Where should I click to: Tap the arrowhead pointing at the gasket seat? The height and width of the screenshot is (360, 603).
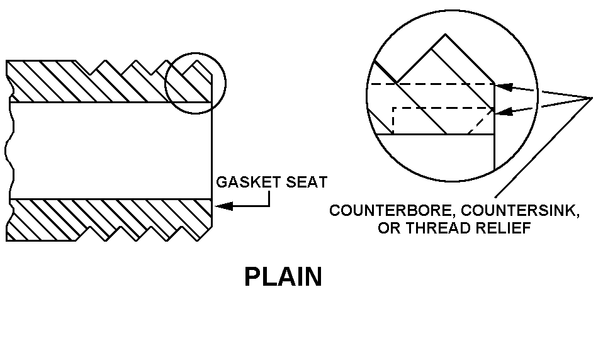point(223,206)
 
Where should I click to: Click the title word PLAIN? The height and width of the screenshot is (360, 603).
point(283,277)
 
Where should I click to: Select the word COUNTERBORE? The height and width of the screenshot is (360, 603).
point(393,210)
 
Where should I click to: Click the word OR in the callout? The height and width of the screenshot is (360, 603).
point(390,228)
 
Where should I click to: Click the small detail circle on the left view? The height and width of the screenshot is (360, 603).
point(195,84)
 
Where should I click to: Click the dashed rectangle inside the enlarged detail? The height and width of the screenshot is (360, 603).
point(442,121)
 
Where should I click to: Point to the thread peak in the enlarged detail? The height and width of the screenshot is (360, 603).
point(446,35)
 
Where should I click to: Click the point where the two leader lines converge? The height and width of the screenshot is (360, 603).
point(592,98)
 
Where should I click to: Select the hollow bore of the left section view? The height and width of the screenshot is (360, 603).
point(111,150)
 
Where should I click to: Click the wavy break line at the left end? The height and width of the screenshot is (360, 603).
point(10,150)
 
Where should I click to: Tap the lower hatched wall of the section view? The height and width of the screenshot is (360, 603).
point(110,220)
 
